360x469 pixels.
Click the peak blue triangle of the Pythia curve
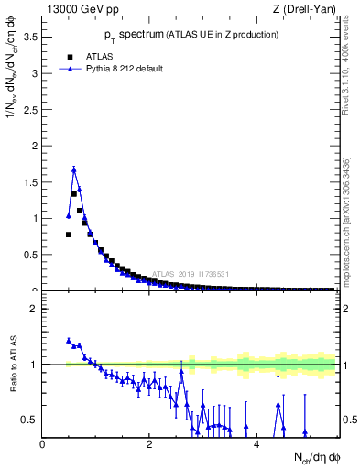[x=73, y=169]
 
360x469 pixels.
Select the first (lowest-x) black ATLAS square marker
[x=69, y=234]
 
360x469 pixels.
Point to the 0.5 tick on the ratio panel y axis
[x=30, y=420]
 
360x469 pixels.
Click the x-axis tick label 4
[x=256, y=444]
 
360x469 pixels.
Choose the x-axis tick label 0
[x=42, y=444]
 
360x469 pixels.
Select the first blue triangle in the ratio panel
[x=69, y=340]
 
